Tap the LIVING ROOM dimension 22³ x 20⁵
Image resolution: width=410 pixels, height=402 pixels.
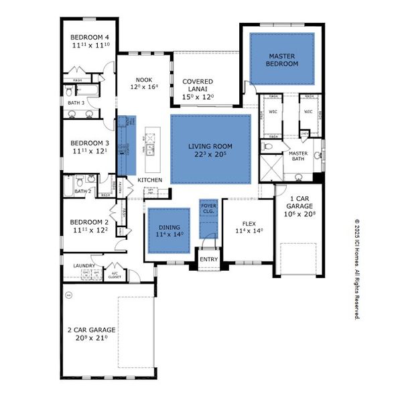click(210, 153)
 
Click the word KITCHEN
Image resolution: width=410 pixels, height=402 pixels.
click(150, 180)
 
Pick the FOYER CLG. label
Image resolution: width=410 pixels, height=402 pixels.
click(208, 208)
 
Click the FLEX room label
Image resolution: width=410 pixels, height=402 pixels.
click(249, 226)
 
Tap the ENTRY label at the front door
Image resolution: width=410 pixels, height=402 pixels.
click(208, 259)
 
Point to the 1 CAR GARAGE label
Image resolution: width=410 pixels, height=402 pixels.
click(299, 206)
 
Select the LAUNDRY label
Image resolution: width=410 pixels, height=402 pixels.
click(84, 266)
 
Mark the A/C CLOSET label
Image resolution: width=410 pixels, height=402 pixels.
click(115, 274)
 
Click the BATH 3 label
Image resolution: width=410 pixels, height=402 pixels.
click(76, 103)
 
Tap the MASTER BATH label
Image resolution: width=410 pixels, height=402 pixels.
click(298, 157)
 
